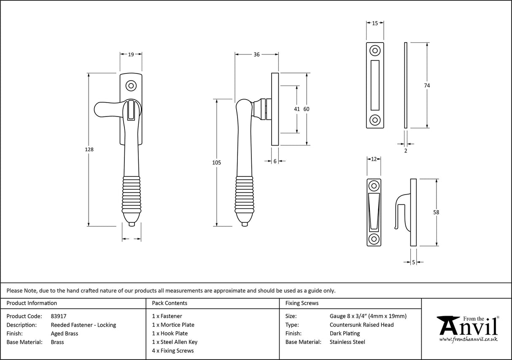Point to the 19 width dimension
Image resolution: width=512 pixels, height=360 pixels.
point(131,54)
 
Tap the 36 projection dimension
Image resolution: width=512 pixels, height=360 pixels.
point(256,54)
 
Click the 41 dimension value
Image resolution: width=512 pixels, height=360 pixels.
point(297,109)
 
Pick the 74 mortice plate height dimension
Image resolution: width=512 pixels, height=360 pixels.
point(427,85)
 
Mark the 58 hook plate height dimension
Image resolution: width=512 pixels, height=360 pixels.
point(436,212)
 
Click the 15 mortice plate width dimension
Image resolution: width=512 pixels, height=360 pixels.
point(375,24)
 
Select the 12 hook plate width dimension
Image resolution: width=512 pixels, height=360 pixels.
point(373,159)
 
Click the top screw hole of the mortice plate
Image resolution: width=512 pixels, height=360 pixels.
point(375,51)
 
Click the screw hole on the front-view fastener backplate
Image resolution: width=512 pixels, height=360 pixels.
point(131,86)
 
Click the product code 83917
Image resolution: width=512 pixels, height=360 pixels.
point(58,316)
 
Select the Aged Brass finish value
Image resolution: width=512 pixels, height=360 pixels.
point(64,333)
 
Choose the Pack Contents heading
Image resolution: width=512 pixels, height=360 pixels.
point(170,303)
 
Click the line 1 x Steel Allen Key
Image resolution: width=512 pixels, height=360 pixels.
point(175,342)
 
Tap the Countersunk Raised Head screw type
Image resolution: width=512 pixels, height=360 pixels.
point(361,325)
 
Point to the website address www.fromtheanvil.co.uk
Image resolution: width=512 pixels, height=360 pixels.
point(468,339)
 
